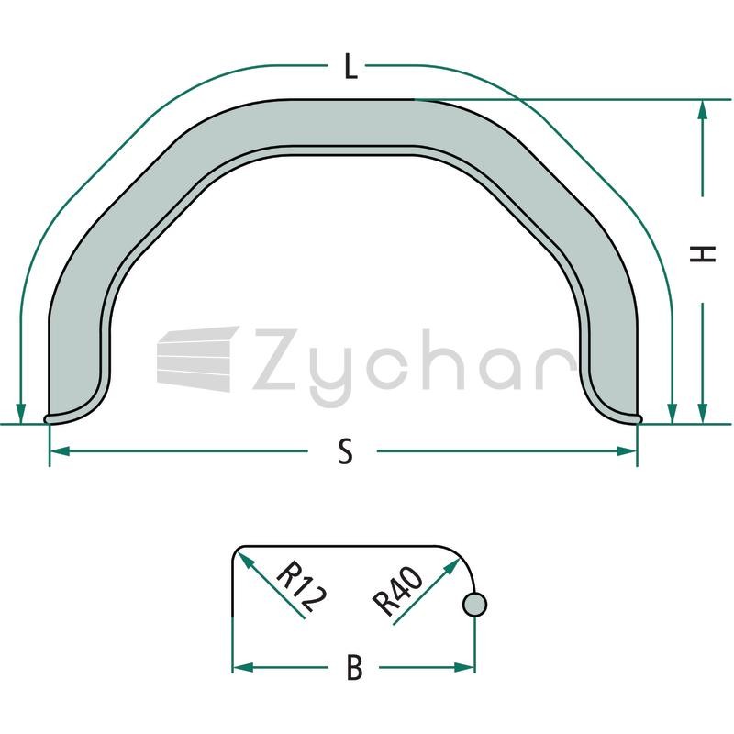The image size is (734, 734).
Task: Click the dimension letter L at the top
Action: [350, 66]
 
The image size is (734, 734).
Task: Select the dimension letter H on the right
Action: [703, 253]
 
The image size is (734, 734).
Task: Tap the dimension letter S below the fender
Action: [346, 451]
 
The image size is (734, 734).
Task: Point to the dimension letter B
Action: [355, 668]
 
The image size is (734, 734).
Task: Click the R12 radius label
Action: [302, 587]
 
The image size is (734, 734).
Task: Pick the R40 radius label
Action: [398, 591]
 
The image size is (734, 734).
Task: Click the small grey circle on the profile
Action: [474, 605]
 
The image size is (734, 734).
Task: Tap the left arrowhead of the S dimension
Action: [60, 451]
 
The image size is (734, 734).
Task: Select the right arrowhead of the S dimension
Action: [627, 451]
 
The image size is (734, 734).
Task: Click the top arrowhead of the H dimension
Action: [702, 110]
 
